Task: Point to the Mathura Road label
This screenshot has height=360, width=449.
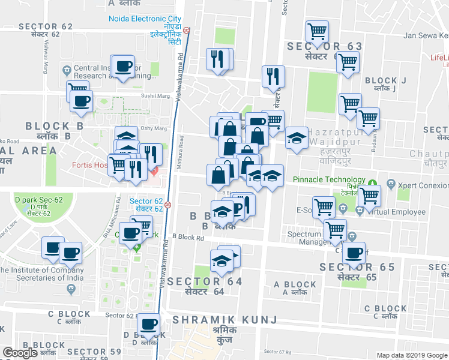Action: click(181, 152)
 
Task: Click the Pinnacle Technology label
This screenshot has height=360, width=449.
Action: click(329, 179)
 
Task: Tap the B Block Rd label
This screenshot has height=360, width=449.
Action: click(187, 238)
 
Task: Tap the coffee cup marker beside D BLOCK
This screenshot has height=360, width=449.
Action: click(148, 325)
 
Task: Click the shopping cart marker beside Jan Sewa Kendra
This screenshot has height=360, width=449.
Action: click(316, 30)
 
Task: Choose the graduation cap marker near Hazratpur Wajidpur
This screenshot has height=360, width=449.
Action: click(296, 139)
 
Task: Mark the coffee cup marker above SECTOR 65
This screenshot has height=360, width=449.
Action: click(354, 253)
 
